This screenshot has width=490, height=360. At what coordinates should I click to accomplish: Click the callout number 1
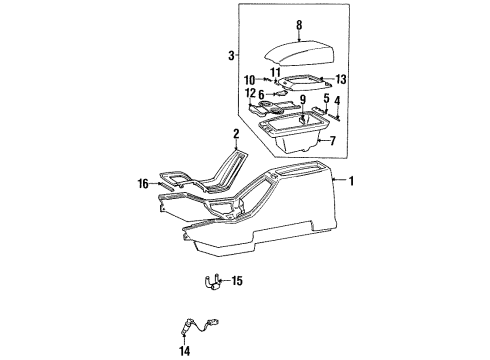[352, 181]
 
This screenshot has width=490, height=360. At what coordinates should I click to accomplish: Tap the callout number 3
[232, 56]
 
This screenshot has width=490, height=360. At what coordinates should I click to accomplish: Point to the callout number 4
[337, 99]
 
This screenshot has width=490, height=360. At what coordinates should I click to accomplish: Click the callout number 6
[260, 94]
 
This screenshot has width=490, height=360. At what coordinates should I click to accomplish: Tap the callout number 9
[300, 98]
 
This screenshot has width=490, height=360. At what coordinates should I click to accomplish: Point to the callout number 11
[274, 72]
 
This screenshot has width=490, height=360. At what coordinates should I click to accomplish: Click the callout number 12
[248, 93]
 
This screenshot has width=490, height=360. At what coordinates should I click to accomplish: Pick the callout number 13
[340, 80]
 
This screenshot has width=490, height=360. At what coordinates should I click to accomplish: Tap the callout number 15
[237, 282]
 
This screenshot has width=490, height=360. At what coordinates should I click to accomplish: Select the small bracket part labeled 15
[212, 283]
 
